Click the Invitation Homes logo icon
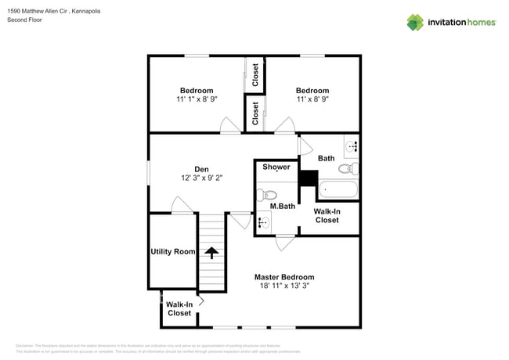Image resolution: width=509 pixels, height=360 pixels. (x=415, y=22)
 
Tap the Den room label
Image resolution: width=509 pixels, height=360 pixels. (x=202, y=168)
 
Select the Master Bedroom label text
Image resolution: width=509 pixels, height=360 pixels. (x=284, y=277)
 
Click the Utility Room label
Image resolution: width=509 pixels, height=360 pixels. (x=172, y=251)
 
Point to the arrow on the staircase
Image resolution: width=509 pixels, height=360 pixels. (x=210, y=252)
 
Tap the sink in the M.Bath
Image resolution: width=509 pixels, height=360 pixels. (x=263, y=223)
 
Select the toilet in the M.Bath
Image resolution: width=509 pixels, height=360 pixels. (x=269, y=194)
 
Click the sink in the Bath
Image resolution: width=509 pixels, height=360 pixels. (x=352, y=146)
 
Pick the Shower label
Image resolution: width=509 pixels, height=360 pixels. (x=276, y=167)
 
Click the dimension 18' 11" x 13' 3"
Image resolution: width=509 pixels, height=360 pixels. (x=284, y=287)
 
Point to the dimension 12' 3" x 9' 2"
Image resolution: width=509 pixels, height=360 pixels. (x=202, y=178)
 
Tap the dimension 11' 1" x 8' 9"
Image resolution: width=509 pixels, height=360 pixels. (x=196, y=100)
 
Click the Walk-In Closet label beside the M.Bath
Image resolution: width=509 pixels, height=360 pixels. (x=327, y=216)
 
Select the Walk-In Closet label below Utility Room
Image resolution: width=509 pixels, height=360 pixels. (x=179, y=308)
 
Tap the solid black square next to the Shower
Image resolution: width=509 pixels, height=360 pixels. (x=308, y=179)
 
